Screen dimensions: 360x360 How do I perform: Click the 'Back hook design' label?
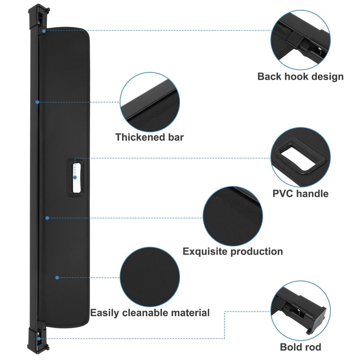coord(300,77)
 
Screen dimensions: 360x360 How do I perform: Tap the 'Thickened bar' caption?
coord(149,137)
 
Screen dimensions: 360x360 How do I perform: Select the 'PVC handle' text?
coord(300,193)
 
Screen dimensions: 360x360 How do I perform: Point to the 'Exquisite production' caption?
coord(233,252)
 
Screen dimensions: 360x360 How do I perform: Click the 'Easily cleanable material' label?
coord(150,313)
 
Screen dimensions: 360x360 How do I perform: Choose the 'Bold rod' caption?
coord(300,347)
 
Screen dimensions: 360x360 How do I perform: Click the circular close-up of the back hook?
coord(301,40)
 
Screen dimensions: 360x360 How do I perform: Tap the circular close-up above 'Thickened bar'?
coord(150,102)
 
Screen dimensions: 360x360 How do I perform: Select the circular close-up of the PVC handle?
coord(301,157)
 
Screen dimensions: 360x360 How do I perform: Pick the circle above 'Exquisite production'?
coord(233,216)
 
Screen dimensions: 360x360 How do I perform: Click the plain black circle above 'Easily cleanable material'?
coord(150,277)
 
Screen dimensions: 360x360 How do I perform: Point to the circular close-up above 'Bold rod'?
coord(301,311)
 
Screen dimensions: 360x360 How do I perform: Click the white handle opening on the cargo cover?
coord(76,178)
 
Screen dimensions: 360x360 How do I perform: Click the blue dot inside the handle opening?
coord(75,177)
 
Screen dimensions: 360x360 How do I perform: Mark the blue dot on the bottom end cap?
coord(39,338)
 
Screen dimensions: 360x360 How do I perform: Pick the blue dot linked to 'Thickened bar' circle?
coord(37,102)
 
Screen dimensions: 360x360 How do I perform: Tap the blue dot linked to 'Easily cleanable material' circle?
coord(57,278)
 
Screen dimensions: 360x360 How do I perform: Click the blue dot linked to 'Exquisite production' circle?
coord(47,218)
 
